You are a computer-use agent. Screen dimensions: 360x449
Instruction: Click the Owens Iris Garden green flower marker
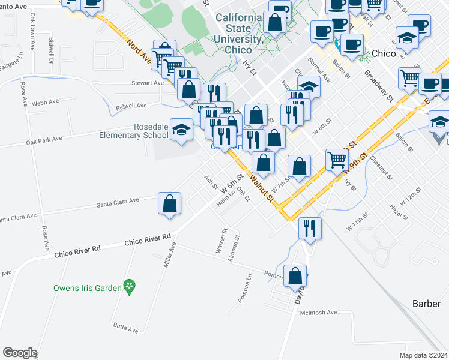coord(128,287)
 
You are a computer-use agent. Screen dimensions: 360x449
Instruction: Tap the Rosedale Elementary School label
coord(134,131)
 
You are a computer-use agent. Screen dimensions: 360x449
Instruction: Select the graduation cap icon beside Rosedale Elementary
coord(181,130)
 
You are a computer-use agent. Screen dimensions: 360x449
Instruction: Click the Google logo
coord(20,353)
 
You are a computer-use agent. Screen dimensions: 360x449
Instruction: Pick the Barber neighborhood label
coord(426,304)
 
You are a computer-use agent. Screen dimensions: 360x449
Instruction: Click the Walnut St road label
coord(262,188)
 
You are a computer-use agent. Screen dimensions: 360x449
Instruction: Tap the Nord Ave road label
coord(139,52)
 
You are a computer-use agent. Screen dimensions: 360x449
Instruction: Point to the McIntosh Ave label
coord(319,313)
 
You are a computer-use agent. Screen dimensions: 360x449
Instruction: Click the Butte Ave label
coord(125,328)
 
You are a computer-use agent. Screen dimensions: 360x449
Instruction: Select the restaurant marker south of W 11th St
coord(310,228)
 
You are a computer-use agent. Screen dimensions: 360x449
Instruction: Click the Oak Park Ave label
coord(44,140)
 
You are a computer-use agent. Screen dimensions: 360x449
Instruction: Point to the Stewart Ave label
coord(148,83)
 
